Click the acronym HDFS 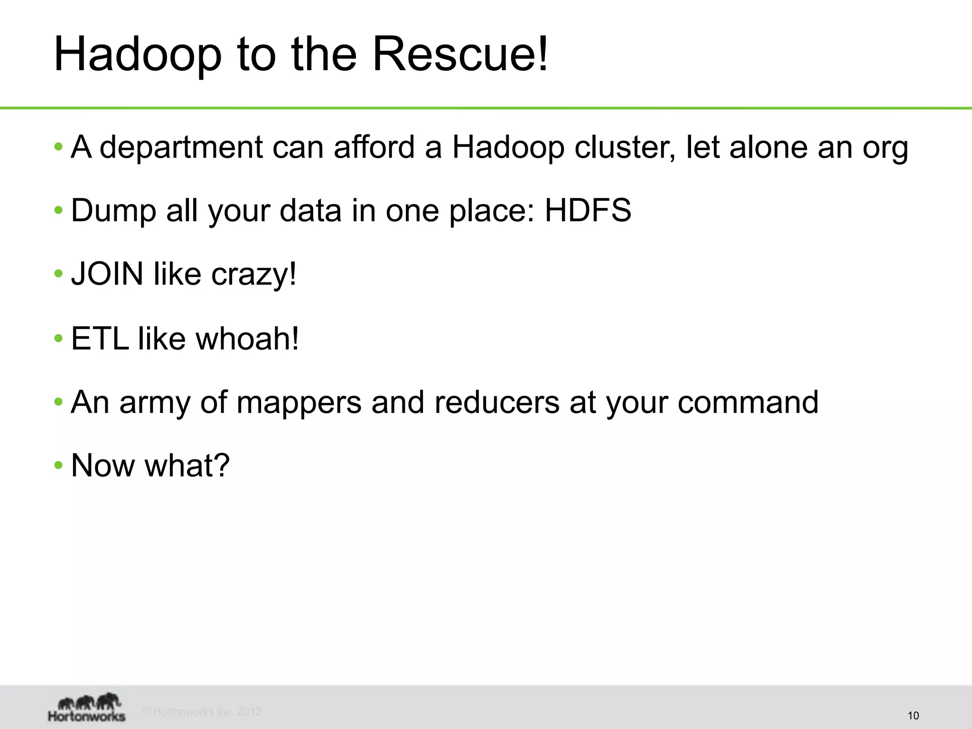tap(588, 210)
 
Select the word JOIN tap(107, 274)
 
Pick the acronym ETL tap(100, 338)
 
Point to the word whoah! tap(247, 338)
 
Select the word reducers tap(496, 402)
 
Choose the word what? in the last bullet tap(187, 465)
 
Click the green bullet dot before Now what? tap(58, 465)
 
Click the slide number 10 tap(913, 716)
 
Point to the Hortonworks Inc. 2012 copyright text tap(202, 711)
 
